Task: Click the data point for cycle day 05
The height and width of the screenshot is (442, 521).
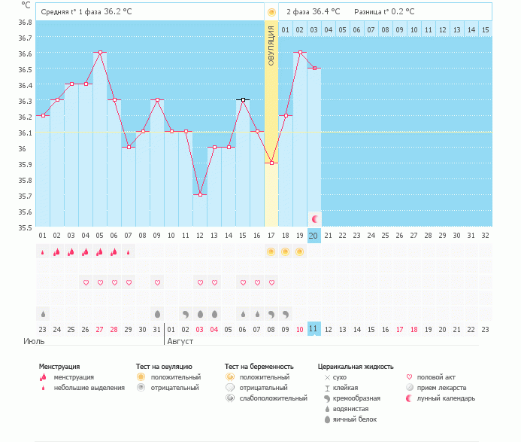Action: pos(100,53)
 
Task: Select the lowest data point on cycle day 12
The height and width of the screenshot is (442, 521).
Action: pos(200,194)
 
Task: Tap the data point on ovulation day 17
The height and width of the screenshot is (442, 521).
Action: pos(271,163)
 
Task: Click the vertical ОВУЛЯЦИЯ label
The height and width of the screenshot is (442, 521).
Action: pos(271,45)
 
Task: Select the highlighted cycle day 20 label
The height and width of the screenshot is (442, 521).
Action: pos(314,235)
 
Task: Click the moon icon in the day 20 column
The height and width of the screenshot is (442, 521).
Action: pos(314,218)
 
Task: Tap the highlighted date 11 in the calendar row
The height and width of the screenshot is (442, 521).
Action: pos(314,329)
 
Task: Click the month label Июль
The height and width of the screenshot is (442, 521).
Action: pos(33,341)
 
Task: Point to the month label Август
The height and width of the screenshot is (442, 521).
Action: pos(180,341)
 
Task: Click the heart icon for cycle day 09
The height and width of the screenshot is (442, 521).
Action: pos(157,283)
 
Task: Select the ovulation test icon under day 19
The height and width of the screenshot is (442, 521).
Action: pos(300,251)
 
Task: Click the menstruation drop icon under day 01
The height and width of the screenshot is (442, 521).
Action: pos(43,252)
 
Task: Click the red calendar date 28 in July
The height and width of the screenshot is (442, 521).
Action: pos(114,329)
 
